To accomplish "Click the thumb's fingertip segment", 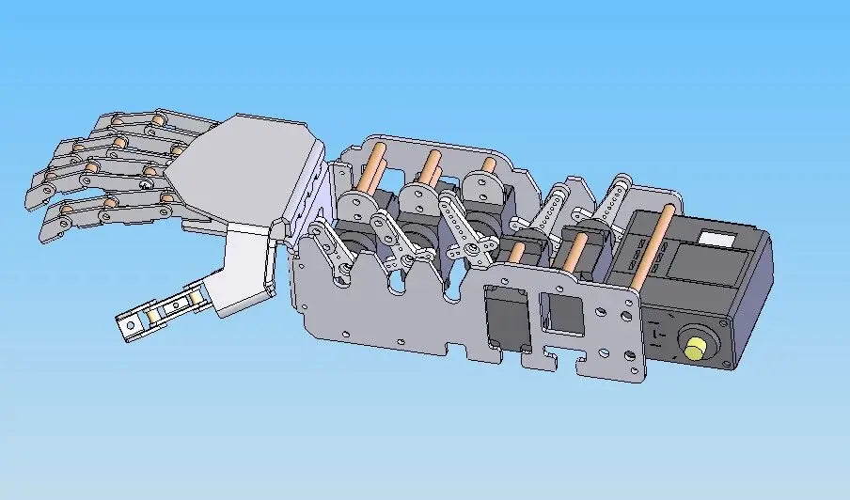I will [132, 325].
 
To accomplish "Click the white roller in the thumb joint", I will [196, 299].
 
